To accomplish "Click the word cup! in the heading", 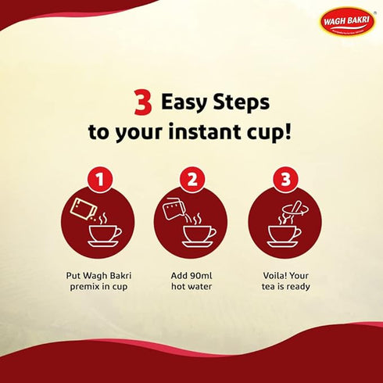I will pos(270,131).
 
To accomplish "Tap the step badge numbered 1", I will pos(98,181).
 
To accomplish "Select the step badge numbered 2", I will pos(191,181).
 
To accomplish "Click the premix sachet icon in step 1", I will pos(81,209).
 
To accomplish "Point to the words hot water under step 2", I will pos(191,287).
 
